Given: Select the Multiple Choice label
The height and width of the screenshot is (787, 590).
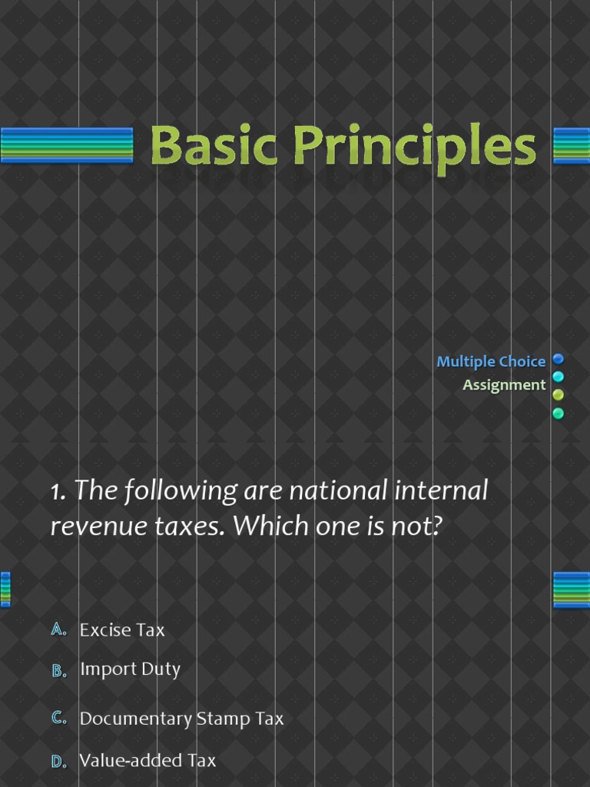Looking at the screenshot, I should coord(491,361).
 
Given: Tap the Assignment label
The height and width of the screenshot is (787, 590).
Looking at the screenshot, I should coord(504,384).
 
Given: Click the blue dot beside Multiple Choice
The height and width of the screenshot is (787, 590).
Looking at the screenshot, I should coord(559,358).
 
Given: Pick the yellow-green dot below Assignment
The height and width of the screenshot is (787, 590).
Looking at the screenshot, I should coord(559,395).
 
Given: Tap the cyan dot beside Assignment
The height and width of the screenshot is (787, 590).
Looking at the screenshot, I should coord(559,377).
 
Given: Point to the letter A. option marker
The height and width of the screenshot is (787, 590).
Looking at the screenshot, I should coord(59,629).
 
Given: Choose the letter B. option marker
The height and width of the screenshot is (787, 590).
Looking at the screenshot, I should coord(59,670).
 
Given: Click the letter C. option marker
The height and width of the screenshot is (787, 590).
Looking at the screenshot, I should coord(59,719).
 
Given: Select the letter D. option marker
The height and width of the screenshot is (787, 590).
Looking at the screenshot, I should coord(59,761).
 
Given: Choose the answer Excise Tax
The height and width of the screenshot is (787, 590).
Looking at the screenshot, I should coord(122,629).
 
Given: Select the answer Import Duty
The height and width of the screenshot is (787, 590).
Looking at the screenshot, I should coord(130,669).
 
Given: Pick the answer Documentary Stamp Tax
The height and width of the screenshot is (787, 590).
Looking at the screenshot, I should coord(181,719).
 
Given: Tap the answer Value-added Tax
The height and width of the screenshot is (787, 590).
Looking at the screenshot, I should coord(147,760).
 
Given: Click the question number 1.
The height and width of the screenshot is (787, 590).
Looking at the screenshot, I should coord(58,492).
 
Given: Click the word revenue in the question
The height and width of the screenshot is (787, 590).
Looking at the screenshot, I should coord(97,526).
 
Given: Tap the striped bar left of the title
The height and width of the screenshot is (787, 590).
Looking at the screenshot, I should coord(67,145).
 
